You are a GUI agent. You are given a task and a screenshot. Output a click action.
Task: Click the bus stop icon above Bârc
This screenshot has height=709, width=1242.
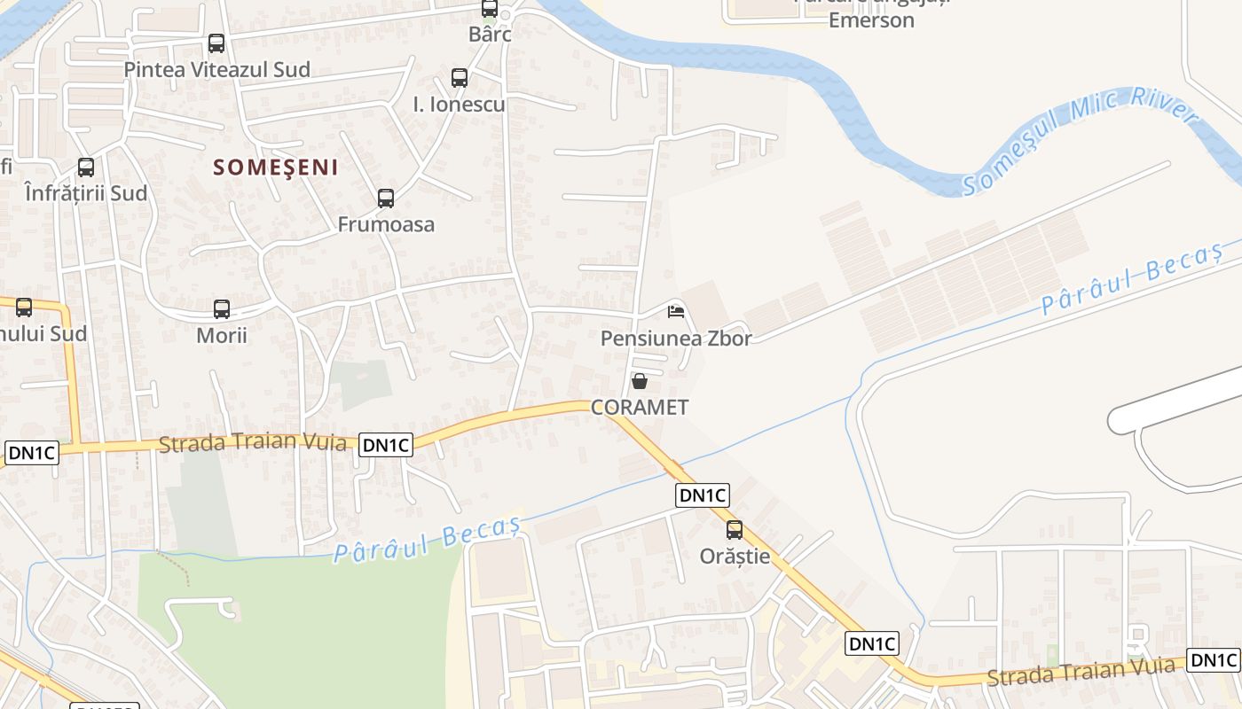pos(490,9)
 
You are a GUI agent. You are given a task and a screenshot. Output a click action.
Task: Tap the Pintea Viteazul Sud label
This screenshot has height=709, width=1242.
pos(217,69)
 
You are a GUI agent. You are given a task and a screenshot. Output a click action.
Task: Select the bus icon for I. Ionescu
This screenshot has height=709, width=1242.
pos(459,78)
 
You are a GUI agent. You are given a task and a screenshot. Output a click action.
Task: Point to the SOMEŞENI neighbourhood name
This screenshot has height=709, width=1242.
pos(277,168)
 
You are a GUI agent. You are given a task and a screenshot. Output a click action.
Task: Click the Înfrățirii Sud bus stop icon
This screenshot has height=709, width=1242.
pos(86,168)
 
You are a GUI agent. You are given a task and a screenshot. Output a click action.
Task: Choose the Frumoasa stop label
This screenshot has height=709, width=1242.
pos(386,224)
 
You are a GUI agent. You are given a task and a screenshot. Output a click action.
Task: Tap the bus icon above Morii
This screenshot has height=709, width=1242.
pos(222,309)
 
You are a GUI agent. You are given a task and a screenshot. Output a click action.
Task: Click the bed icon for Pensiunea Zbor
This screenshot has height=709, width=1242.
pos(676,311)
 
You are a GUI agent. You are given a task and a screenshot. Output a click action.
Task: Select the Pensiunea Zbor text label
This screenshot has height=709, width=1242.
pos(676,339)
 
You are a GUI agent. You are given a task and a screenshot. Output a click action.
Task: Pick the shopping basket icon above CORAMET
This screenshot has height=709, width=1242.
pos(639,381)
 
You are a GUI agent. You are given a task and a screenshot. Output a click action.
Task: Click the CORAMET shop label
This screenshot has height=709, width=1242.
pos(640,408)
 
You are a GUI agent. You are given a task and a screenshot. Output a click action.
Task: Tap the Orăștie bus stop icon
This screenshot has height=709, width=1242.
pos(735,530)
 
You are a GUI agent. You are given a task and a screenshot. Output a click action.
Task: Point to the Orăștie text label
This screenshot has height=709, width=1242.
pos(735,557)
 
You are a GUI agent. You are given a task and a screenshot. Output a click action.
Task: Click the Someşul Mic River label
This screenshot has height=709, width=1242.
pos(1081,143)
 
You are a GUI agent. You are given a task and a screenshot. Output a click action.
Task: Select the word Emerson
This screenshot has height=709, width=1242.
pos(871,20)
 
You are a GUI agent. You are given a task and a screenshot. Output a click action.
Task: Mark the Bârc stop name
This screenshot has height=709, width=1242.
pos(491,35)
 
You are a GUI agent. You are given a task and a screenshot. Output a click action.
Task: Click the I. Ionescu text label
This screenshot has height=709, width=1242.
pos(460,105)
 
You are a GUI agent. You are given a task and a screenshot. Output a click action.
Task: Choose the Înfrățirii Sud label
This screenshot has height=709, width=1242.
pos(86,193)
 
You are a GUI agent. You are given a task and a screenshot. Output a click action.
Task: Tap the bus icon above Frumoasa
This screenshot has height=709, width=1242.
pos(386,199)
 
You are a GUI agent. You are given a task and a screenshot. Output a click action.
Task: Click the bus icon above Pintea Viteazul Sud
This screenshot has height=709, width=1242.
pos(216,43)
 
